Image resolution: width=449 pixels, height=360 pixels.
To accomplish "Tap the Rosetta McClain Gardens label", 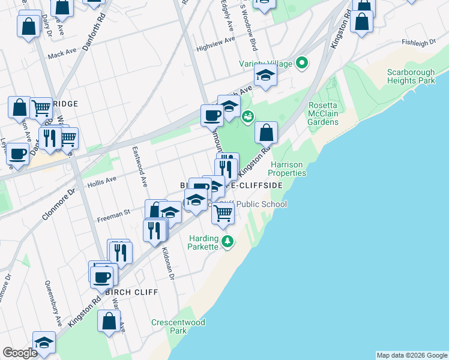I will pos(323,113).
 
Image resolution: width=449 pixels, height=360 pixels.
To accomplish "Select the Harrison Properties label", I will pos(289,169).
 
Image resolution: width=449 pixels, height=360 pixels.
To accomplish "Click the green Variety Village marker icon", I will pos(303,62).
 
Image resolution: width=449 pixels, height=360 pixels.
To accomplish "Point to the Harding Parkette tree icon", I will pos(227,241).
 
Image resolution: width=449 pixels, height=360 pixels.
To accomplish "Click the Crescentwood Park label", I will pos(178,326).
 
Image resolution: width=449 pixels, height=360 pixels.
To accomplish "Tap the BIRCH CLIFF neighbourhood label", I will pos(131,292).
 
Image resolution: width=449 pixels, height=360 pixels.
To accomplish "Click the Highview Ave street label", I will pos(216,41).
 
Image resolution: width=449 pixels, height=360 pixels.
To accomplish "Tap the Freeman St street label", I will pos(115,212).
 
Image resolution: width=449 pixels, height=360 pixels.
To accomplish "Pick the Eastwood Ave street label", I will pos(141,166).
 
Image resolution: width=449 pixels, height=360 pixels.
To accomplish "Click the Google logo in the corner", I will pos(20,353).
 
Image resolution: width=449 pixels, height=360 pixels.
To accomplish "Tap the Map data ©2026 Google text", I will pos(412,355).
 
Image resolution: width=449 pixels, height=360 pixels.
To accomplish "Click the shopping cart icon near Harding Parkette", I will pos(223,212).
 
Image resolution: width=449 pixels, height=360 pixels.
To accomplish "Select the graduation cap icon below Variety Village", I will pos(265,76).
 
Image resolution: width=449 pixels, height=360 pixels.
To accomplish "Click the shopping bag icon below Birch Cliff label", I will pos(109,320).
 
